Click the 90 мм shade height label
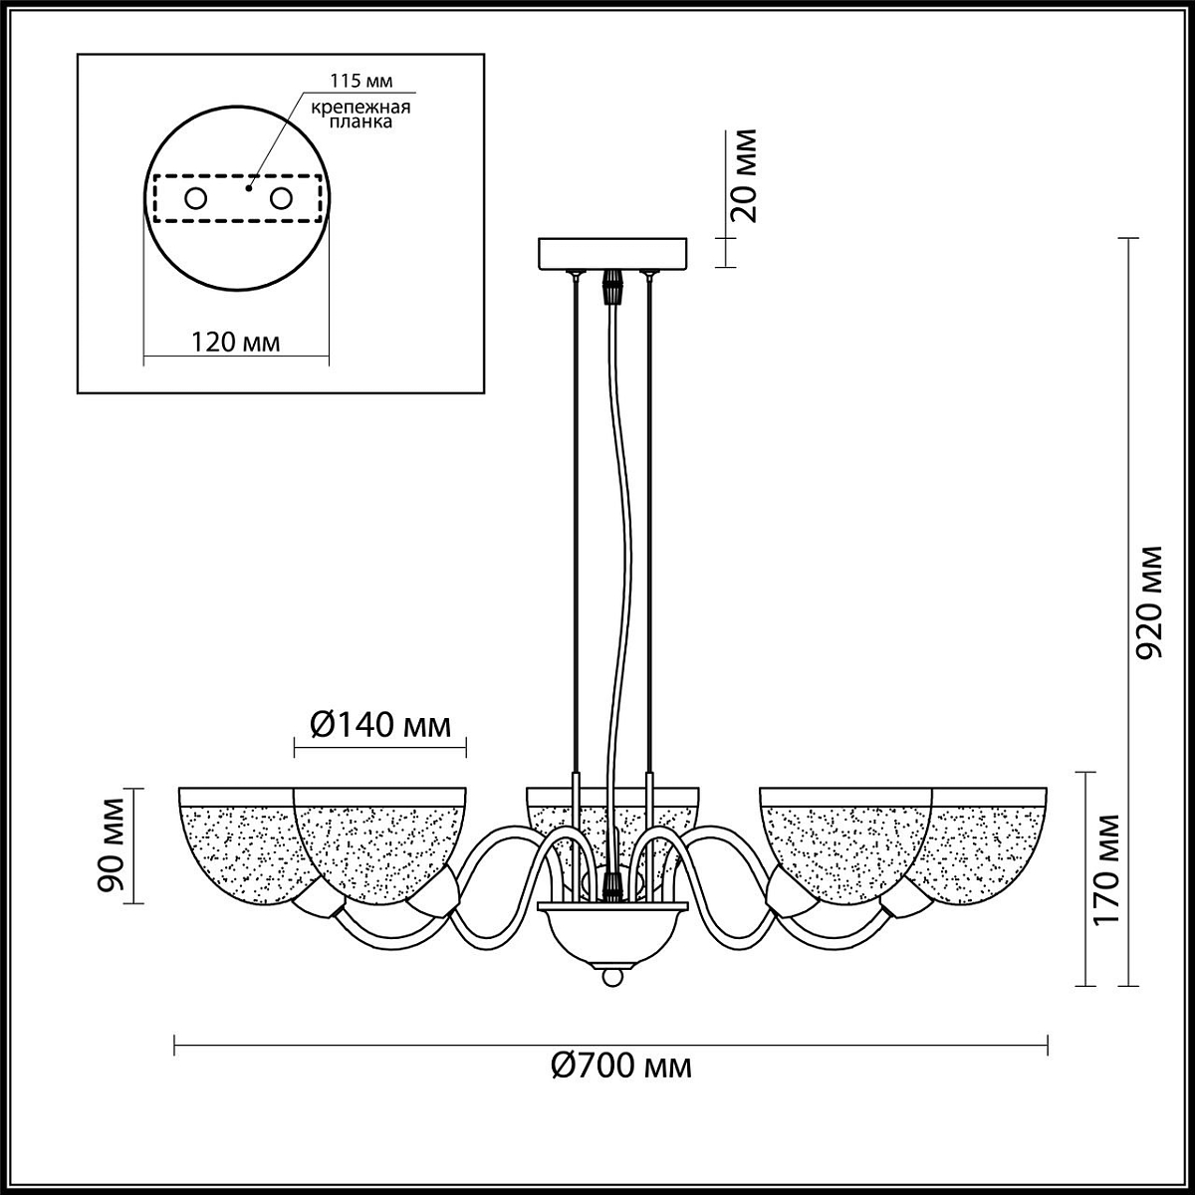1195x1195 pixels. coord(112,845)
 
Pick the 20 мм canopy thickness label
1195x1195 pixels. coord(744,175)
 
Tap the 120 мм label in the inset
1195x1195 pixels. coord(235,343)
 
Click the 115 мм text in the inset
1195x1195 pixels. coord(360,82)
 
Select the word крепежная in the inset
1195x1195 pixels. coord(360,108)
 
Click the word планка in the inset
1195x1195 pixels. coord(360,122)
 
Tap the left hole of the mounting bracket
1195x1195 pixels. coord(196,199)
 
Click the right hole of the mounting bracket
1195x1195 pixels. coord(281,199)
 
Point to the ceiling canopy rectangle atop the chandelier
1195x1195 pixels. coord(612,254)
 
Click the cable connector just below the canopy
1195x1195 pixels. coord(612,286)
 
